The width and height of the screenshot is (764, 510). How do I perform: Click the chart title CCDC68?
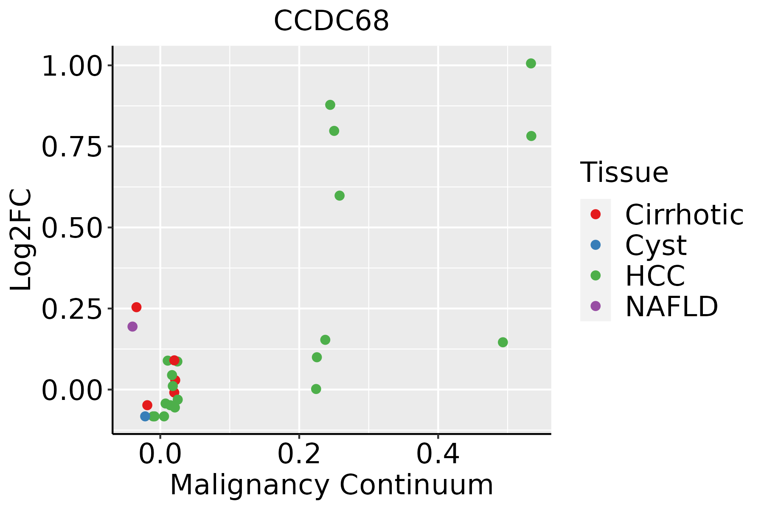(x=331, y=21)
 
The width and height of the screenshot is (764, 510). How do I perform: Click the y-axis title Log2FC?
(x=21, y=240)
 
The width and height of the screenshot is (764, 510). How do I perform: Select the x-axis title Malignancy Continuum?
(x=331, y=485)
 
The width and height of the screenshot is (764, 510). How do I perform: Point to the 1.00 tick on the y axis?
(x=72, y=68)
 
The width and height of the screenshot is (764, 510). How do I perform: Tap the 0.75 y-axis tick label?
(x=72, y=148)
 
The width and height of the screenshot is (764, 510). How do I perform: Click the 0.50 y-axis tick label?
(x=72, y=229)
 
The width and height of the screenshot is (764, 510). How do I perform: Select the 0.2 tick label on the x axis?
(x=299, y=454)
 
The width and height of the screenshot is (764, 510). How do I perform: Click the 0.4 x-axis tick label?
(x=438, y=454)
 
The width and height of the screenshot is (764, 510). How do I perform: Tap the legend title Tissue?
(x=624, y=172)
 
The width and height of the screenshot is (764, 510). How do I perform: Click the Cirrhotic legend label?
(x=684, y=215)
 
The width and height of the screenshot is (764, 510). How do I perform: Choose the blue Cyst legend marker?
(x=595, y=245)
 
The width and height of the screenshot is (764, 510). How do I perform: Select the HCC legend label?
(x=655, y=275)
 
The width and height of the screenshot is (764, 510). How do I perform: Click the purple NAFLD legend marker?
(x=595, y=306)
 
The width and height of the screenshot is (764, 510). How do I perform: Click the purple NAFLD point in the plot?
(x=132, y=326)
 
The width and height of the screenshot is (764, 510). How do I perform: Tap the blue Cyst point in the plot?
(x=145, y=416)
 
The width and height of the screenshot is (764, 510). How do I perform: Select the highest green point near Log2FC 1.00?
(x=531, y=63)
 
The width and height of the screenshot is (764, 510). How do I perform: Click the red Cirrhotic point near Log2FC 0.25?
(x=136, y=307)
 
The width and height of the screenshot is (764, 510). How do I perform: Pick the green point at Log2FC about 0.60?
(x=340, y=195)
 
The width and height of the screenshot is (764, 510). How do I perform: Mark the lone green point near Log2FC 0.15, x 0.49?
(x=503, y=342)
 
